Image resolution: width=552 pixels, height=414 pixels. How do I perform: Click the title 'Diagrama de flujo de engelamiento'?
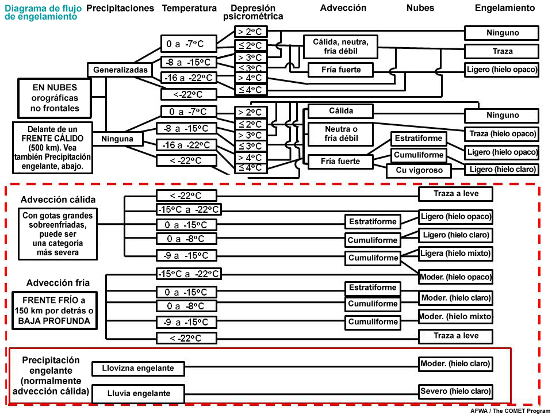(43, 12)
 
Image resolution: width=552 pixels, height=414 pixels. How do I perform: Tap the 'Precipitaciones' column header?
(120, 8)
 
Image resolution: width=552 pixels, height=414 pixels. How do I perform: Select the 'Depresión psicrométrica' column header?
(253, 12)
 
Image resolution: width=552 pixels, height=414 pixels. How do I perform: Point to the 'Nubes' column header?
(420, 8)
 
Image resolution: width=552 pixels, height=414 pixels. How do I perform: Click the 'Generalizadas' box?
(120, 70)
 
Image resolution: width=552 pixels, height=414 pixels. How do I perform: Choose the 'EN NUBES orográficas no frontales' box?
(55, 98)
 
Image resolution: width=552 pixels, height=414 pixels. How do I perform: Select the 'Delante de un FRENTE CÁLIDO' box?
(52, 148)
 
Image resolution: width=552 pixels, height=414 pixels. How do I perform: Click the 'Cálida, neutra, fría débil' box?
(340, 47)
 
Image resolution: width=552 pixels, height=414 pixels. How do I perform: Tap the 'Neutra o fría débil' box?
(340, 134)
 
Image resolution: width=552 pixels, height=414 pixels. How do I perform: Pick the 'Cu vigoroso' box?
(419, 170)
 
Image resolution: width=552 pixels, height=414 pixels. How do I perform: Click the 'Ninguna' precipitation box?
(117, 139)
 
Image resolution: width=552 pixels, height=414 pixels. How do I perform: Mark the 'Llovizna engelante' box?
(138, 368)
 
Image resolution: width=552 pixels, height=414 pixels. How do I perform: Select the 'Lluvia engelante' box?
(139, 393)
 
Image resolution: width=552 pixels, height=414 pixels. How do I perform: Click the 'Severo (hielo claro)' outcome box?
(455, 391)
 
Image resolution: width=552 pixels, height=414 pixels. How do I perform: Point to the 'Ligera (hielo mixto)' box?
(455, 254)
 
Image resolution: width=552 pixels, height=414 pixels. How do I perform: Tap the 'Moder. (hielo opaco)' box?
(455, 277)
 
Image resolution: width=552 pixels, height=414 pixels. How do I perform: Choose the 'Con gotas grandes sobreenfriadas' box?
(57, 234)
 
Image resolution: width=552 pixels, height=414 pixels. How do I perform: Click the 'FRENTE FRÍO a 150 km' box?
(54, 310)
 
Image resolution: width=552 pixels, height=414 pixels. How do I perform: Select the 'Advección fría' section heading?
(57, 283)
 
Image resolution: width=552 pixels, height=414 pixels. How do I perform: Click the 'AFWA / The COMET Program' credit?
(510, 411)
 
